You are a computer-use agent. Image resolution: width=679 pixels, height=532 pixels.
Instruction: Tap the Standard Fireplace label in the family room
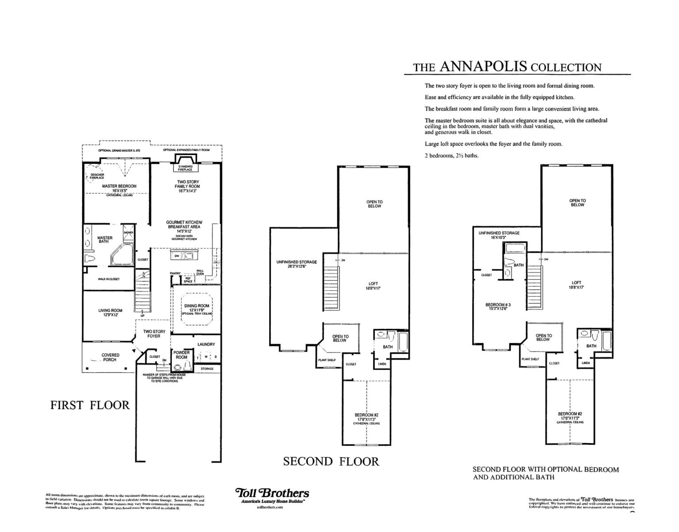click(185, 168)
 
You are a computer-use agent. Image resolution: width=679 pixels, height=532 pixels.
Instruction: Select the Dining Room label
click(197, 306)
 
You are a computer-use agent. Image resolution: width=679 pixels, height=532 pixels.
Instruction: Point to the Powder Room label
click(182, 355)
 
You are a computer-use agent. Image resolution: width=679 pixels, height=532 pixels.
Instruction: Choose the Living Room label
click(111, 311)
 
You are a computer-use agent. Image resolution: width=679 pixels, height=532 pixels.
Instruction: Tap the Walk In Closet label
click(109, 279)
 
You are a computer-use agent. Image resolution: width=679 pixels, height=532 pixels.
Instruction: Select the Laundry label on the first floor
click(206, 344)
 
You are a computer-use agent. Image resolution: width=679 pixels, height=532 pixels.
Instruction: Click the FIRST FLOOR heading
click(90, 405)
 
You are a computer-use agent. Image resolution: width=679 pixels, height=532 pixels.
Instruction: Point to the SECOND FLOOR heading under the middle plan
click(331, 462)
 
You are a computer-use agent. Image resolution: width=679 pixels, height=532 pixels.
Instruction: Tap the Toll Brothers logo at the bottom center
click(272, 494)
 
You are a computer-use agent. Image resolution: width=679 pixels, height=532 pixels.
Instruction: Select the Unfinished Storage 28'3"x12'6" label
click(297, 264)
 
